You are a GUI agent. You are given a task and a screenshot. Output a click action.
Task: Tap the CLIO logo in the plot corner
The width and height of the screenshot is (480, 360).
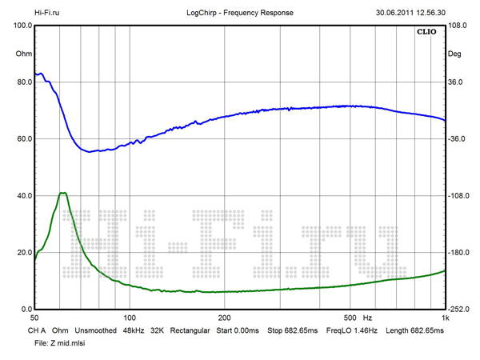[x=425, y=33]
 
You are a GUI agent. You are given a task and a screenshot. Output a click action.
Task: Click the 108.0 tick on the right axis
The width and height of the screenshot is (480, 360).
[x=459, y=26]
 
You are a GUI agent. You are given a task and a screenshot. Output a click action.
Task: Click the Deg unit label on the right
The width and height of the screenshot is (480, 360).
[x=455, y=54]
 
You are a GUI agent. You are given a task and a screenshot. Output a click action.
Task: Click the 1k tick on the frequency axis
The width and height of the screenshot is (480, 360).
[x=445, y=318]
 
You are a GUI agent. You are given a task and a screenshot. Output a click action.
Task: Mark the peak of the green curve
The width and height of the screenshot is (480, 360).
[x=62, y=193]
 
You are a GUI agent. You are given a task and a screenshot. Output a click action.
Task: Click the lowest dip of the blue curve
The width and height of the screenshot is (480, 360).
[x=90, y=151]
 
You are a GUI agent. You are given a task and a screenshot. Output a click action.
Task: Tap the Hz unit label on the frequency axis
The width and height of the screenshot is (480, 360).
[x=369, y=318]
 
